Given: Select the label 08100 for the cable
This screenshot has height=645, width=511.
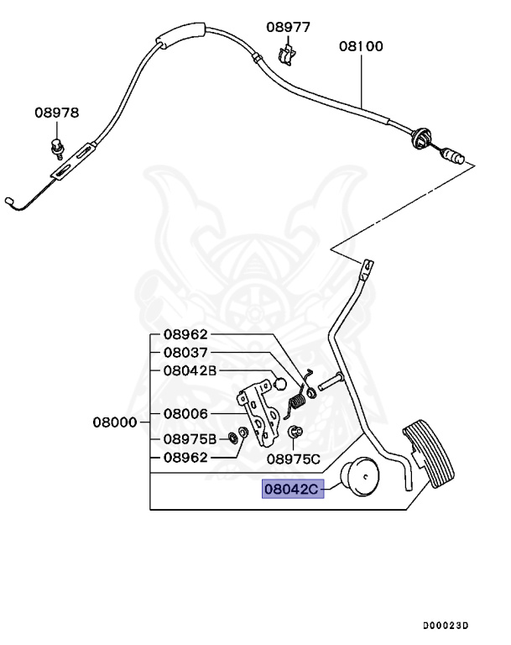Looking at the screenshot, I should (361, 47).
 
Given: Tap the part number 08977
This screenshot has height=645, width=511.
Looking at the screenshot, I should (289, 27).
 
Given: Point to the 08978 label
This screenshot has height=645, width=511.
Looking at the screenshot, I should (57, 113).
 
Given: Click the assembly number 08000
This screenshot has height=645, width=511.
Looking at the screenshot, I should (115, 422).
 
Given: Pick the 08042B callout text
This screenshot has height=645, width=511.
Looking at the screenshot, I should (190, 370).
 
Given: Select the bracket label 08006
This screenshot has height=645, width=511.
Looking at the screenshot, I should (185, 414).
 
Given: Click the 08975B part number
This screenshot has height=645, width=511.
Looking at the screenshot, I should (190, 439).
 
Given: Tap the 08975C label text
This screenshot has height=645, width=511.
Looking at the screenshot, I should (294, 459).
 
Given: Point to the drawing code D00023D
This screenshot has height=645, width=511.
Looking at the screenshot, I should (446, 626).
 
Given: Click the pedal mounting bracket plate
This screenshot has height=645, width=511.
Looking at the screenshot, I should (261, 415).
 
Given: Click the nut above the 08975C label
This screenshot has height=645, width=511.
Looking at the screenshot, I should (295, 433).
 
